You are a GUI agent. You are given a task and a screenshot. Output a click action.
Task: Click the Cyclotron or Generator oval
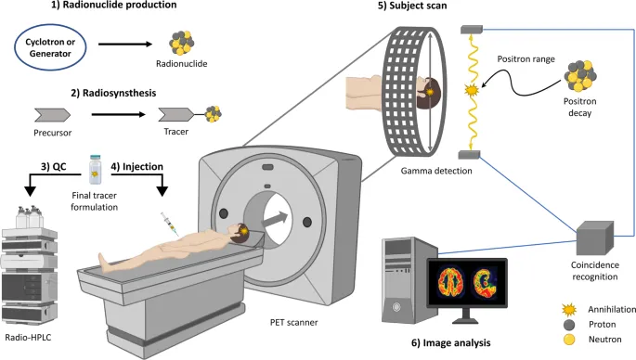tap(55, 46)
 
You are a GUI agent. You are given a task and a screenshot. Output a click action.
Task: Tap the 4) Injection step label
tap(137, 168)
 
